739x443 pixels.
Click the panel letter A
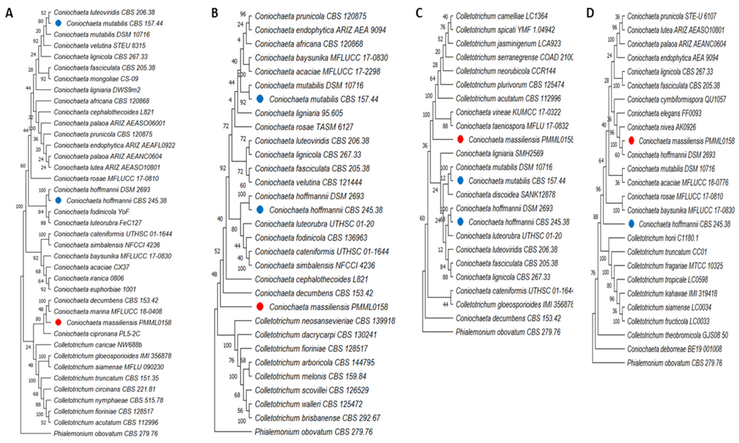pyautogui.click(x=9, y=13)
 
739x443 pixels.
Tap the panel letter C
pyautogui.click(x=419, y=13)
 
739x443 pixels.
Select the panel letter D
pyautogui.click(x=590, y=13)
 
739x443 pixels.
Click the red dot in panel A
pyautogui.click(x=58, y=322)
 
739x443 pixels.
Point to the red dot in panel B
pyautogui.click(x=260, y=307)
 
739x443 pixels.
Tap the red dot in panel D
pyautogui.click(x=631, y=141)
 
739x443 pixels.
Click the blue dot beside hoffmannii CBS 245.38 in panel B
pyautogui.click(x=260, y=209)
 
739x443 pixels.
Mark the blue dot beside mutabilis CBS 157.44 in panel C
pyautogui.click(x=460, y=181)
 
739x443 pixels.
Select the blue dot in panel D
pyautogui.click(x=631, y=224)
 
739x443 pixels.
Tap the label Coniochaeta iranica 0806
pyautogui.click(x=89, y=278)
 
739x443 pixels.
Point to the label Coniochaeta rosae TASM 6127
pyautogui.click(x=304, y=127)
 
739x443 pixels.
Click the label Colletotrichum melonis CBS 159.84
pyautogui.click(x=310, y=376)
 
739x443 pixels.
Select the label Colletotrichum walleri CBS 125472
pyautogui.click(x=308, y=404)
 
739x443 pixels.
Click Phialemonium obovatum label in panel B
pyautogui.click(x=313, y=432)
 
